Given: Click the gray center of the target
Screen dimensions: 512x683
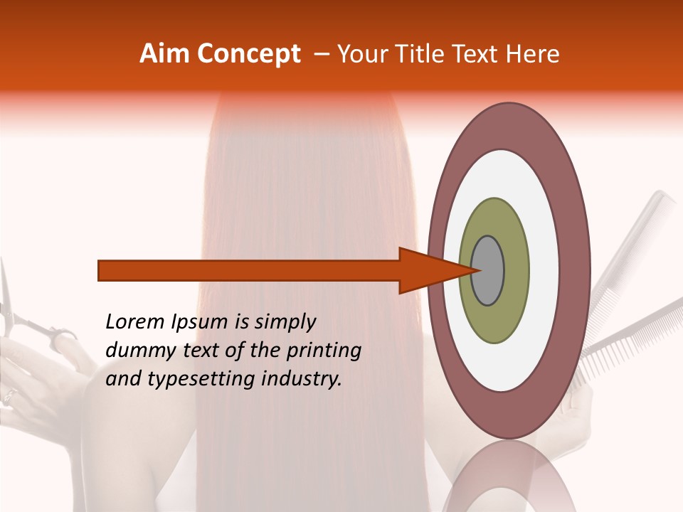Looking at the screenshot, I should coord(488,270).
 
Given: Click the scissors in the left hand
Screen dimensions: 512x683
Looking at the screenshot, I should coord(28,320).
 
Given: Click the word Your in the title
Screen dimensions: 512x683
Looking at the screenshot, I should coord(359,54).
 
